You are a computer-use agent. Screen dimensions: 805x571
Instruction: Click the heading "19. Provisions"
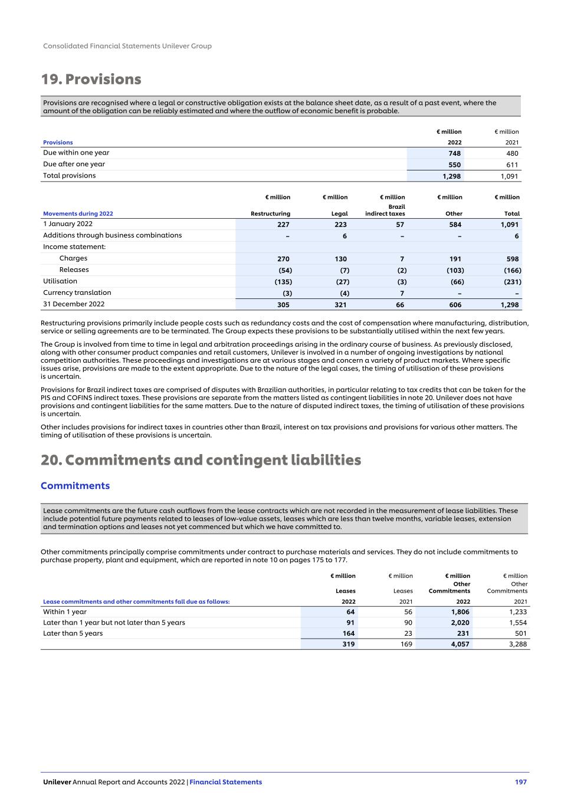[x=91, y=80]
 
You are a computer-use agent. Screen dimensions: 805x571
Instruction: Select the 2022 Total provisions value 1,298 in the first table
[x=452, y=176]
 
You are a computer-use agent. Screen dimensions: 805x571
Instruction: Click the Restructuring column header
[x=270, y=213]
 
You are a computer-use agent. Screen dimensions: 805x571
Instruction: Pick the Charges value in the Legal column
[x=340, y=259]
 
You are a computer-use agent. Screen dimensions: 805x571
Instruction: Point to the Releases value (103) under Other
[x=453, y=270]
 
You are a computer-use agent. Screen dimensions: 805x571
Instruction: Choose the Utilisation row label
[x=60, y=281]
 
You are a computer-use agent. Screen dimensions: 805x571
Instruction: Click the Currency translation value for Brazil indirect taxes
[x=402, y=293]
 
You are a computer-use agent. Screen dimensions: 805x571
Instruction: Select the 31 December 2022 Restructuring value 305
[x=280, y=305]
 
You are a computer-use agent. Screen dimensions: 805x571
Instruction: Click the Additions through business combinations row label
[x=112, y=235]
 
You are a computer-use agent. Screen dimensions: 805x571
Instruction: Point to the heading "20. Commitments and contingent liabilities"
[x=201, y=460]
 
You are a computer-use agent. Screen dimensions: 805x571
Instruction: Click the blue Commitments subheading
[x=75, y=486]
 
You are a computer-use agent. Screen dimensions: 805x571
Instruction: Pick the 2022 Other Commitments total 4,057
[x=460, y=644]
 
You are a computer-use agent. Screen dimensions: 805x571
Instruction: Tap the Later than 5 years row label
[x=73, y=633]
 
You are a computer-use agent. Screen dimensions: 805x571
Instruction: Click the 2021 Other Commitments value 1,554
[x=517, y=623]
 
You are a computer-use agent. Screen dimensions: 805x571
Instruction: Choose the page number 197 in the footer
[x=520, y=782]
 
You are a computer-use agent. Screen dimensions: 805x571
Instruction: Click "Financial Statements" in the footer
[x=225, y=782]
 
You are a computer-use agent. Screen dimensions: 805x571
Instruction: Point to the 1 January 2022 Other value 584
[x=455, y=225]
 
